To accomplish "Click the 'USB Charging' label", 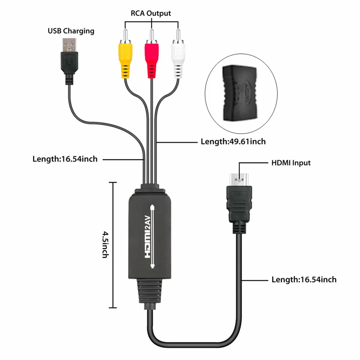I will pyautogui.click(x=71, y=31).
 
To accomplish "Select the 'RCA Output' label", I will pyautogui.click(x=151, y=13).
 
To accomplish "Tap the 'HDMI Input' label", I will pyautogui.click(x=291, y=163).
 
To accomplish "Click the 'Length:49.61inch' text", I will pyautogui.click(x=233, y=141).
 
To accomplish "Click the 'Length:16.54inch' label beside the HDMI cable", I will pyautogui.click(x=304, y=279).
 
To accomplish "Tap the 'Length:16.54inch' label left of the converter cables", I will pyautogui.click(x=65, y=159).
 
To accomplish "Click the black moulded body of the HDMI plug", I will pyautogui.click(x=239, y=204).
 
